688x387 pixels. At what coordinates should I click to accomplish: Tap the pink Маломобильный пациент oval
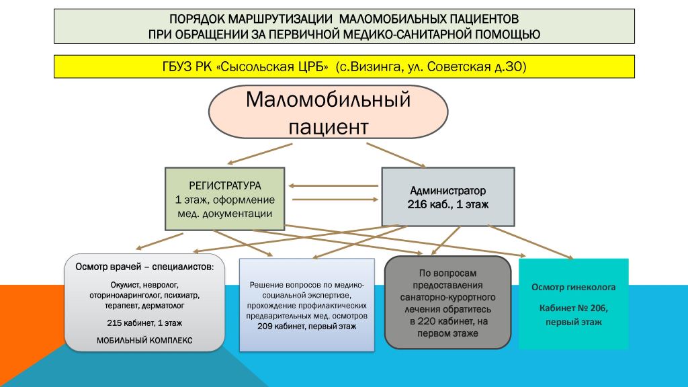[x=328, y=112]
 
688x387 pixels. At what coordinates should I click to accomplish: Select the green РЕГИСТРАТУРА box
[x=224, y=199]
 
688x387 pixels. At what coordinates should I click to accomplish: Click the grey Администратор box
[x=448, y=197]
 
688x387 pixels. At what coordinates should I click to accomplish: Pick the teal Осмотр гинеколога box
[x=574, y=304]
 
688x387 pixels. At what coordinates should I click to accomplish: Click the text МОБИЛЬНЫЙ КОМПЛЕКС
[x=144, y=341]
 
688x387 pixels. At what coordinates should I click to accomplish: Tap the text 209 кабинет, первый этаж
[x=306, y=327]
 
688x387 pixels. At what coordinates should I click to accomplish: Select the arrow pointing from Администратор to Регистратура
[x=333, y=185]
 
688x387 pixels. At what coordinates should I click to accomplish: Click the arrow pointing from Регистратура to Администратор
[x=335, y=200]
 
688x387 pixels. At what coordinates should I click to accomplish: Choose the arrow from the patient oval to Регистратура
[x=260, y=154]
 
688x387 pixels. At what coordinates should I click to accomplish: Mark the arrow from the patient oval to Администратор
[x=396, y=155]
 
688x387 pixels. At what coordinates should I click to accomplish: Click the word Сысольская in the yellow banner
[x=272, y=67]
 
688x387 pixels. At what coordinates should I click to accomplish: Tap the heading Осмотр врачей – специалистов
[x=144, y=267]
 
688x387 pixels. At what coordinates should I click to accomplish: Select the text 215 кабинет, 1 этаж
[x=144, y=323]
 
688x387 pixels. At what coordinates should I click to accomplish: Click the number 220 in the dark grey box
[x=427, y=321]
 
